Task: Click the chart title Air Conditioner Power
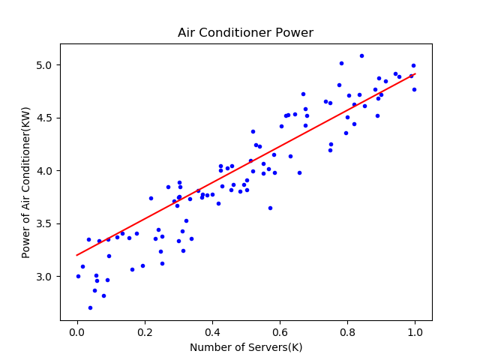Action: (x=245, y=33)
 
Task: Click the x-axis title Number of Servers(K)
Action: (x=245, y=347)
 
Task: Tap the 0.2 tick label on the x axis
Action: (x=145, y=332)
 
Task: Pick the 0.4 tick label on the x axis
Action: (x=212, y=332)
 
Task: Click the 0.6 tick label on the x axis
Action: (x=280, y=332)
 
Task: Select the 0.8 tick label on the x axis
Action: (x=347, y=332)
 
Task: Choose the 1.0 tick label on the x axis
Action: (x=415, y=332)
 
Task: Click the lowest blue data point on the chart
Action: (x=90, y=307)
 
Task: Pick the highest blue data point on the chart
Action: (x=361, y=55)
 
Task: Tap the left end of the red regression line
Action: (x=77, y=255)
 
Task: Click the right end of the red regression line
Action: (x=415, y=73)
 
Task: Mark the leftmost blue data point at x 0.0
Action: (x=78, y=276)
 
